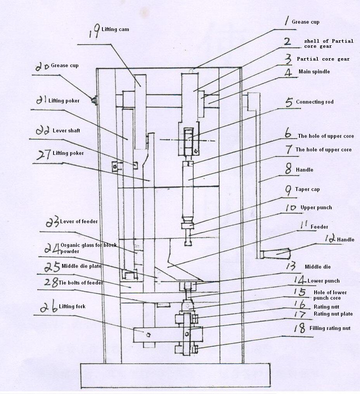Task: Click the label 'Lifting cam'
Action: click(x=115, y=30)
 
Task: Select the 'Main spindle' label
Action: click(x=314, y=71)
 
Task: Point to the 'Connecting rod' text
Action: click(x=315, y=102)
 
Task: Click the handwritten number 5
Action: click(x=289, y=102)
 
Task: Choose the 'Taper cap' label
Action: click(x=307, y=189)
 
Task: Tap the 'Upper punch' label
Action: click(x=316, y=208)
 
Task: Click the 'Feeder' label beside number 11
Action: click(x=319, y=227)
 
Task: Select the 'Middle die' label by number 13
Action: click(x=318, y=267)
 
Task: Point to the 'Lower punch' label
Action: click(x=324, y=281)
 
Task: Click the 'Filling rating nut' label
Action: click(x=330, y=328)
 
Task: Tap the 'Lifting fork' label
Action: click(x=72, y=307)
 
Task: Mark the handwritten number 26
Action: click(x=49, y=307)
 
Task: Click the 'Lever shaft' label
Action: click(x=66, y=131)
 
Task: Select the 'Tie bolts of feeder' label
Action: click(x=81, y=283)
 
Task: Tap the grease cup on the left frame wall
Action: click(x=94, y=101)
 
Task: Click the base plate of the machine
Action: click(x=175, y=375)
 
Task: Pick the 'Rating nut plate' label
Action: click(x=333, y=314)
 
